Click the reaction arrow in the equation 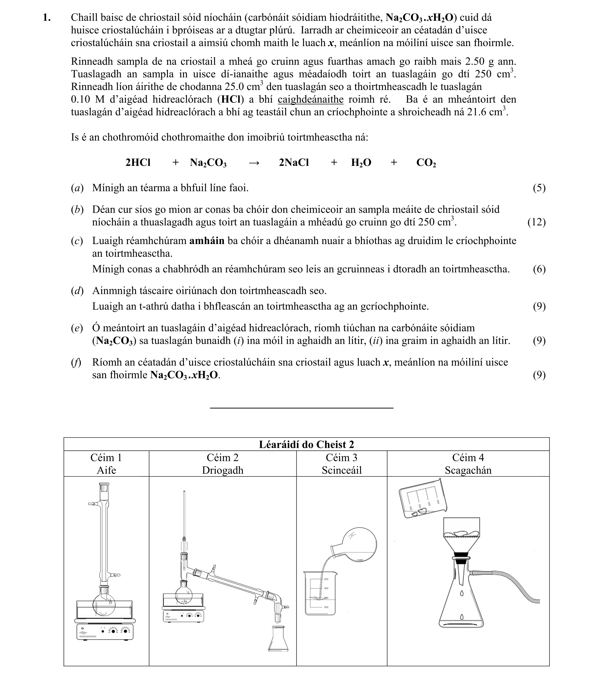coord(254,163)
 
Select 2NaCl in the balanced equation coord(294,163)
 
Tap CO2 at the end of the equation coord(426,163)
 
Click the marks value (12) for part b coord(536,222)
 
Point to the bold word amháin coord(207,241)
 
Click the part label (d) coord(77,291)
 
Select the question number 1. coord(47,18)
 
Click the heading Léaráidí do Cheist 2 coord(306,444)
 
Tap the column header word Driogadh coord(223,470)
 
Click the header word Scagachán coord(468,470)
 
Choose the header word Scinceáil coord(341,470)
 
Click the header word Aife coord(106,470)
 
